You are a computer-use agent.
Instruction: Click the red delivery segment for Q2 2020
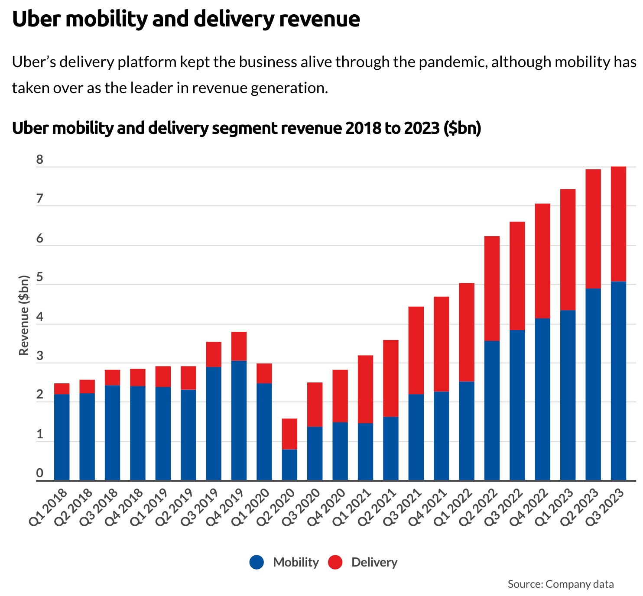289,434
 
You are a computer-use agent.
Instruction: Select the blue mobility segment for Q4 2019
239,420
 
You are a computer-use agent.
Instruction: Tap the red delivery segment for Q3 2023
618,224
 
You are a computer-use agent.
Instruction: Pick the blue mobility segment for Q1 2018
62,437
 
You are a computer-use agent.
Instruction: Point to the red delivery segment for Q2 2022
492,288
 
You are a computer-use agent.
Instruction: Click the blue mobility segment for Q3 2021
416,437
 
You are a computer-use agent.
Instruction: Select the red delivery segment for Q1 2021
365,389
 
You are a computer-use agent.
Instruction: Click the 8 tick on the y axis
40,160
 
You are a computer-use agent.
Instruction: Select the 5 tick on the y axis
40,278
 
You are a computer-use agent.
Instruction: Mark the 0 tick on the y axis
40,473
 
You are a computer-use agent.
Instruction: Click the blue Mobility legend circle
257,562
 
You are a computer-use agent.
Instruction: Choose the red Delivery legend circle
335,562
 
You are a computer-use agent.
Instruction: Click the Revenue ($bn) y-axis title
24,315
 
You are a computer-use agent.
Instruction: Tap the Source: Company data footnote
561,584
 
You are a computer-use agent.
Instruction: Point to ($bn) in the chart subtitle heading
462,128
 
